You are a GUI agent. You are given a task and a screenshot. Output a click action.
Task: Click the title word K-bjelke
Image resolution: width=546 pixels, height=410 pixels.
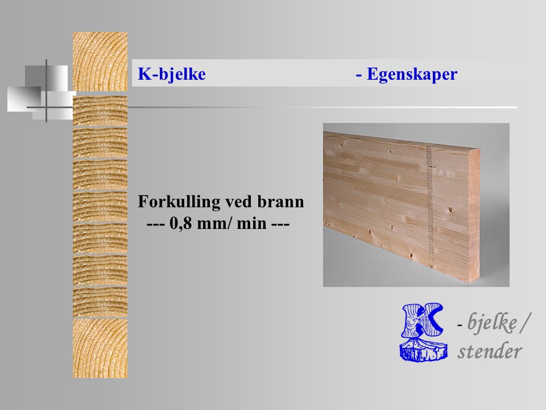tap(172, 74)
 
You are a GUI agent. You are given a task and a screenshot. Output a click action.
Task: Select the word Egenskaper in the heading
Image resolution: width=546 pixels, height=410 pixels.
tap(412, 74)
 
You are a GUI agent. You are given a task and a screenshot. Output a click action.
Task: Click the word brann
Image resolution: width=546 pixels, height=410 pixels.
tap(280, 202)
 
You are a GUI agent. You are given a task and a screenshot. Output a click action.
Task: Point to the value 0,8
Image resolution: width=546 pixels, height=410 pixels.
tap(181, 223)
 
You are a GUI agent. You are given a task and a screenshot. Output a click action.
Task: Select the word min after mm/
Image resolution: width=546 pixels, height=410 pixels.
tap(252, 223)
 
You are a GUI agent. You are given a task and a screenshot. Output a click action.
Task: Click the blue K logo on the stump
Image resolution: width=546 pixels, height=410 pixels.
tap(423, 332)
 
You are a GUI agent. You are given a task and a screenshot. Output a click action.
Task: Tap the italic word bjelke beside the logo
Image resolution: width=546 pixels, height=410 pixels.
tap(491, 322)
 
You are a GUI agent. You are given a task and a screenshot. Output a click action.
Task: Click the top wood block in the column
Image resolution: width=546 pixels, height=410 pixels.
tap(100, 61)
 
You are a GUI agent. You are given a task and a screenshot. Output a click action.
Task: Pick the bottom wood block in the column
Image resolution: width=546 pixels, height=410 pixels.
tap(100, 348)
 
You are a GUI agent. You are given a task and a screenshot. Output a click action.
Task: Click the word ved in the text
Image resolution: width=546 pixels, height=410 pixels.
tap(239, 202)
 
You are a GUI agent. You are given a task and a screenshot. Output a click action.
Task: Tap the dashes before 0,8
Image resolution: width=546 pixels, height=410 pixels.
tap(156, 224)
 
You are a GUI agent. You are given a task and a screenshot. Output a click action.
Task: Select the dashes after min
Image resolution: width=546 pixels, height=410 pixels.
tap(280, 224)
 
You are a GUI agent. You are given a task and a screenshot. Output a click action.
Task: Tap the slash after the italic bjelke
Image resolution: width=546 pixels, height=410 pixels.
tap(526, 323)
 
